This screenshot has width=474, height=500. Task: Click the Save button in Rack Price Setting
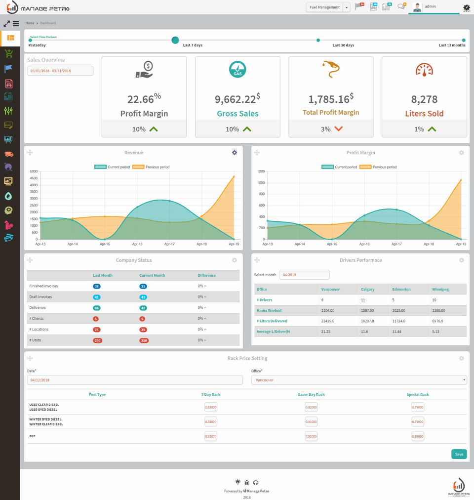point(459,454)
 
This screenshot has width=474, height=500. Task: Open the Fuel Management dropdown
point(328,7)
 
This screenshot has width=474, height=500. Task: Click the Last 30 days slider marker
point(318,40)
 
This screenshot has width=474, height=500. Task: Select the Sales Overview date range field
point(60,71)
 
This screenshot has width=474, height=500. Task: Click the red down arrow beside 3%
point(338,129)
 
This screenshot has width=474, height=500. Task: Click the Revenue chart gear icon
point(235,153)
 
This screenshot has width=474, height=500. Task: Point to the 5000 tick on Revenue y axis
point(34,171)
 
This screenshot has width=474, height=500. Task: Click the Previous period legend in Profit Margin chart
point(379,167)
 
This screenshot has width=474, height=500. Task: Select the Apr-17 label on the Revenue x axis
point(169,244)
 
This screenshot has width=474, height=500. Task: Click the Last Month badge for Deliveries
point(97,308)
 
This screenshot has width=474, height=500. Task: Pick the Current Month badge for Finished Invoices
point(143,286)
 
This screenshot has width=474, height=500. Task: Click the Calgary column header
point(367,289)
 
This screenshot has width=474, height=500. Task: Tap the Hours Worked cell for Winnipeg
point(438,310)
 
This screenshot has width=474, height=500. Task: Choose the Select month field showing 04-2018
point(304,275)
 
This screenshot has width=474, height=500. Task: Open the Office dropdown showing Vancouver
point(359,380)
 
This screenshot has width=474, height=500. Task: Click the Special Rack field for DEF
point(418,436)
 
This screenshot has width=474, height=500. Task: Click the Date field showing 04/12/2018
point(135,380)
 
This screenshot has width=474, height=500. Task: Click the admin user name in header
point(431,6)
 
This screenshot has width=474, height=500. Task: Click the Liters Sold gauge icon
point(424,70)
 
